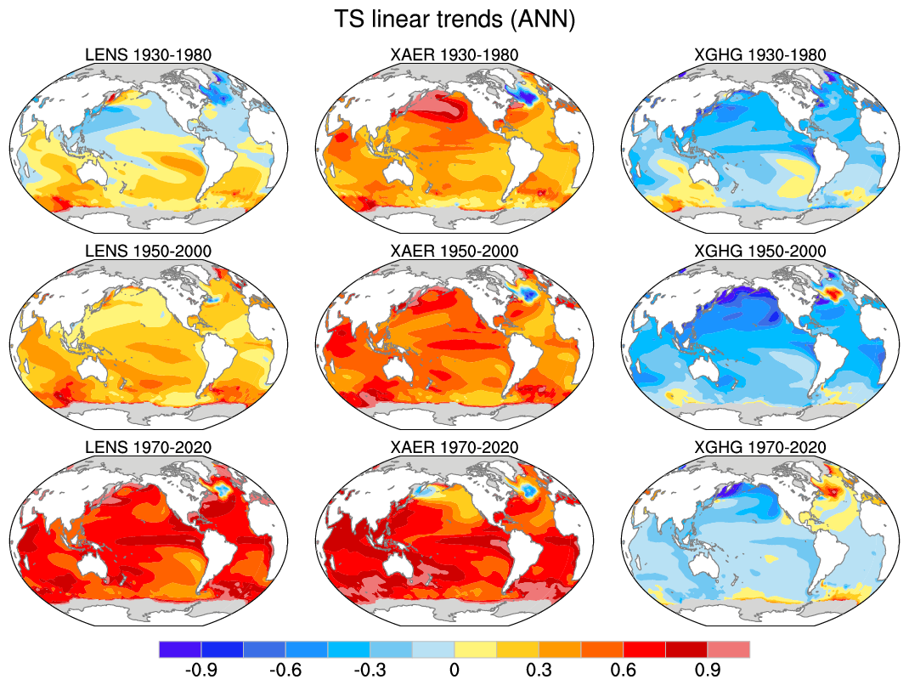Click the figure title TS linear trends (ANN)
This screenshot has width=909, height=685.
[x=454, y=20]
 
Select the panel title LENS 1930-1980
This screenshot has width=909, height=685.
[x=149, y=55]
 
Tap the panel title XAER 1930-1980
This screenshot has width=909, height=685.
[x=454, y=55]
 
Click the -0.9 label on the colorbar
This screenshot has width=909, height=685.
[x=200, y=670]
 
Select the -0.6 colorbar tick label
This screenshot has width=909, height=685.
[x=285, y=670]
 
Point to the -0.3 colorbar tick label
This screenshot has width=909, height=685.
[x=370, y=670]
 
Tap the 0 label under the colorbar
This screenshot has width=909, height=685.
[x=454, y=670]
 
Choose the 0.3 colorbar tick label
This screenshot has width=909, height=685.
[x=539, y=670]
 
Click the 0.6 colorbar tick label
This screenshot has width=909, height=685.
[x=624, y=670]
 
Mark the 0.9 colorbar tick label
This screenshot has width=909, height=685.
[x=708, y=670]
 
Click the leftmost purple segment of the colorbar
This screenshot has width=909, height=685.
[x=180, y=649]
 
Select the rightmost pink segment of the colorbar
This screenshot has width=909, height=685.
[x=729, y=649]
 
